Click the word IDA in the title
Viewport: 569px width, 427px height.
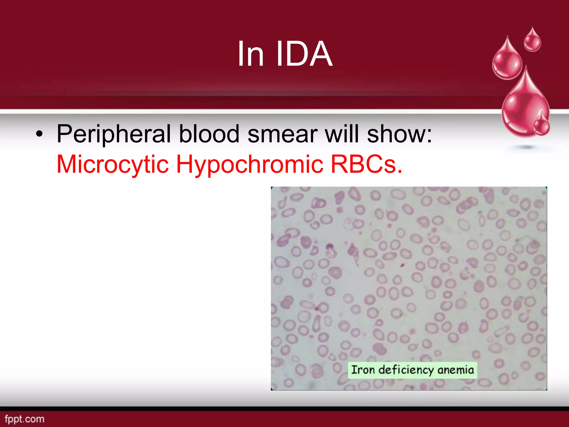[x=304, y=54]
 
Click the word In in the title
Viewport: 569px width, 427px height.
[x=250, y=54]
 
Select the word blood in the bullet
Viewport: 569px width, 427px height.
[x=209, y=135]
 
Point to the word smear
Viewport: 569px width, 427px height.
[x=282, y=135]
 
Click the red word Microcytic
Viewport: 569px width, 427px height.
[x=113, y=165]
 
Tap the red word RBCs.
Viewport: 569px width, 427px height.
[x=366, y=165]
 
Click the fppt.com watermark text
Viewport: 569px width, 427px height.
[x=24, y=419]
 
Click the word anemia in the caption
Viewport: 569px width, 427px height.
[x=456, y=370]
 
